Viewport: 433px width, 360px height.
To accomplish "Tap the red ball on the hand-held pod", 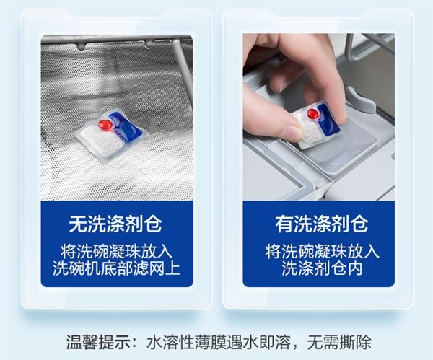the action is pos(313,114).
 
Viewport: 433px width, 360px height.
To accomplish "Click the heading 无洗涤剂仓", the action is pos(115,224).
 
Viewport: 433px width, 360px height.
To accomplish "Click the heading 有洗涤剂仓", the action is pos(321,224).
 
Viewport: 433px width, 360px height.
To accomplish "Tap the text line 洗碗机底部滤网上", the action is pos(116,268).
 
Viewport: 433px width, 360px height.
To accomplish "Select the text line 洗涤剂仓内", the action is pos(322,268).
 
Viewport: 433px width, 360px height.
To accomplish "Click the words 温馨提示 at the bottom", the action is pos(97,343).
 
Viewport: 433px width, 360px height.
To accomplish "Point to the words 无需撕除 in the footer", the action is pos(339,343).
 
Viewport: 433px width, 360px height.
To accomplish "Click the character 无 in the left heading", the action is pos(78,224).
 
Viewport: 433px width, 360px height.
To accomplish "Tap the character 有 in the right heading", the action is pos(284,224).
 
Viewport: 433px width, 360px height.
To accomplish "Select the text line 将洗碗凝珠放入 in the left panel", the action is pos(116,251).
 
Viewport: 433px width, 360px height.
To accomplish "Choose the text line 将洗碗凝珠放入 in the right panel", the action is pos(322,251).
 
